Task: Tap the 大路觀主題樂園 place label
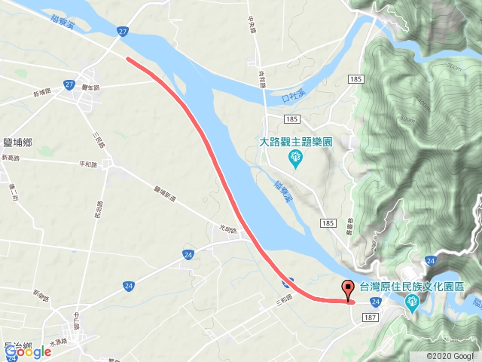tap(295, 141)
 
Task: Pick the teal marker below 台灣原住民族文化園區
tap(412, 304)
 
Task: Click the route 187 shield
tap(370, 318)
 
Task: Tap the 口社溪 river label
tap(294, 97)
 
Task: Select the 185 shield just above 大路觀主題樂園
tap(293, 119)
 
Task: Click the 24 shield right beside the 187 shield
tap(374, 302)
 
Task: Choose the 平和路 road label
tap(88, 164)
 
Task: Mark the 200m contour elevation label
tap(453, 66)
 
